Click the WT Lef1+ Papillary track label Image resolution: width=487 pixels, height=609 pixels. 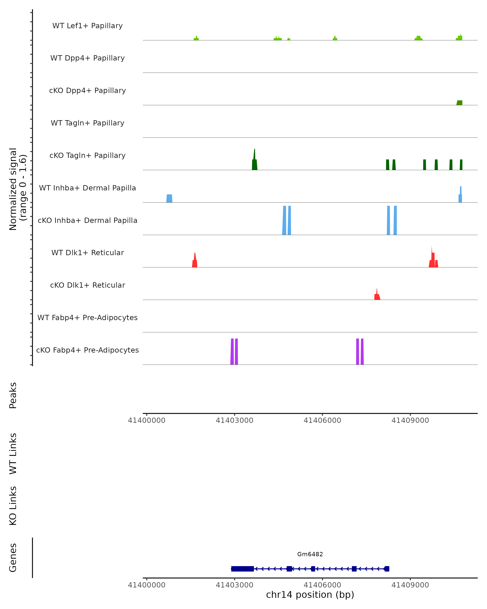pos(87,26)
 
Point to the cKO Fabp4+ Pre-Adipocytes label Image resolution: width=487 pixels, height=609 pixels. pos(87,350)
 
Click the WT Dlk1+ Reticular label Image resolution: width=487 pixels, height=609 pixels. pos(87,253)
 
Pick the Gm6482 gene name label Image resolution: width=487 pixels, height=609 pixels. pos(310,554)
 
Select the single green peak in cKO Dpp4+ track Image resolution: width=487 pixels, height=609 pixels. pos(459,103)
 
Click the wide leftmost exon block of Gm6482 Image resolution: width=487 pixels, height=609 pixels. pos(242,569)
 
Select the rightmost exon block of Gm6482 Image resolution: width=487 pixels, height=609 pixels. pos(387,569)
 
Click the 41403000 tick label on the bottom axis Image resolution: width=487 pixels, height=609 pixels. pos(234,585)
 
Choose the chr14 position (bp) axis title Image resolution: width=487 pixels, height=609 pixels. pos(310,595)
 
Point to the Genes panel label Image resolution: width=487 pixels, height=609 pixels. pos(13,558)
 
